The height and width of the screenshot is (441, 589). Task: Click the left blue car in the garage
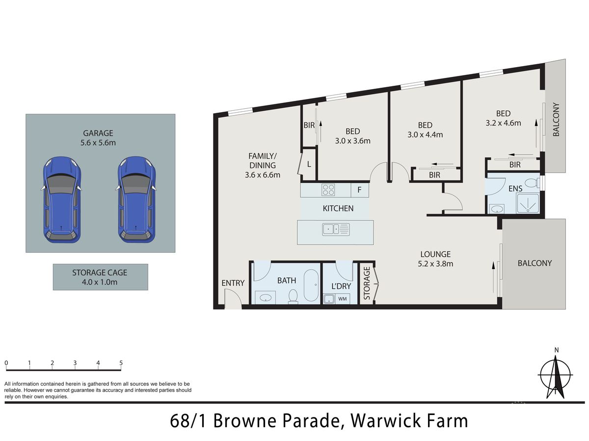(x=62, y=200)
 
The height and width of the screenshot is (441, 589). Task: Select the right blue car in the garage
(x=137, y=200)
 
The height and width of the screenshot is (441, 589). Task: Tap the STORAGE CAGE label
(x=100, y=277)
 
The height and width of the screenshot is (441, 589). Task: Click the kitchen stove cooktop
(x=328, y=190)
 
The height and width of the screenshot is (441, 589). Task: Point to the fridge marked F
(x=360, y=190)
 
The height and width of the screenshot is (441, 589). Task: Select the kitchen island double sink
(x=336, y=229)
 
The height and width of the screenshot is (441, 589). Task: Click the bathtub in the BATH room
(x=311, y=285)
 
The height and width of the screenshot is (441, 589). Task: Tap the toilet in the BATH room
(x=293, y=296)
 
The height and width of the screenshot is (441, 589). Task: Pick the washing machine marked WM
(x=343, y=299)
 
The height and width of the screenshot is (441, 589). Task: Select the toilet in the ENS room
(x=533, y=183)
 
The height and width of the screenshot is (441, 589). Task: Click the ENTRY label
(x=233, y=283)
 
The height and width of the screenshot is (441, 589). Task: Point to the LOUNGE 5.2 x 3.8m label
(x=435, y=259)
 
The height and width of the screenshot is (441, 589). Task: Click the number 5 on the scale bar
(x=121, y=363)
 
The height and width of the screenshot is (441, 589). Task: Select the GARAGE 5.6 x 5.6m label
(x=98, y=138)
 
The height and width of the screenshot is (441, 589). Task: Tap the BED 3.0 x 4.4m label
(x=425, y=130)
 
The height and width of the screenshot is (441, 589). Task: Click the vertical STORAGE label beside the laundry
(x=367, y=283)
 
